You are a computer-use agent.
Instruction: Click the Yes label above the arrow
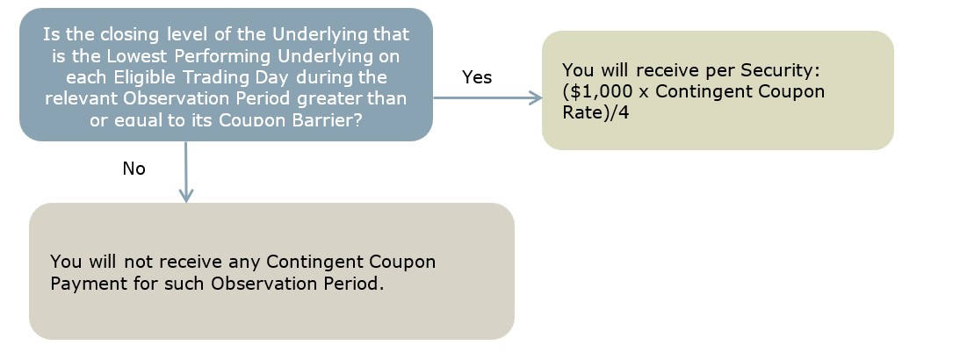[x=477, y=77]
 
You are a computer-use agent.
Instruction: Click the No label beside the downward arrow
[x=134, y=169]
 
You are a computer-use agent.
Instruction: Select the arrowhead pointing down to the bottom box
[x=185, y=195]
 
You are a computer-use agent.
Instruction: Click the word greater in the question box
[x=329, y=99]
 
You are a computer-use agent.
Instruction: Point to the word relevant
[x=82, y=98]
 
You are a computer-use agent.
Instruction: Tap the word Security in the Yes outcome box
[x=777, y=70]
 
